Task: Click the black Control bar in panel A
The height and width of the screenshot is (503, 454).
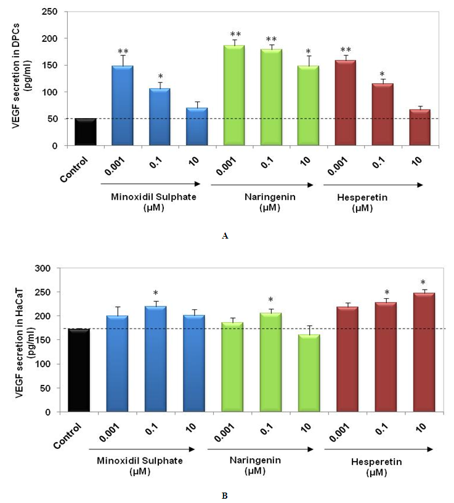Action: tap(85, 132)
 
